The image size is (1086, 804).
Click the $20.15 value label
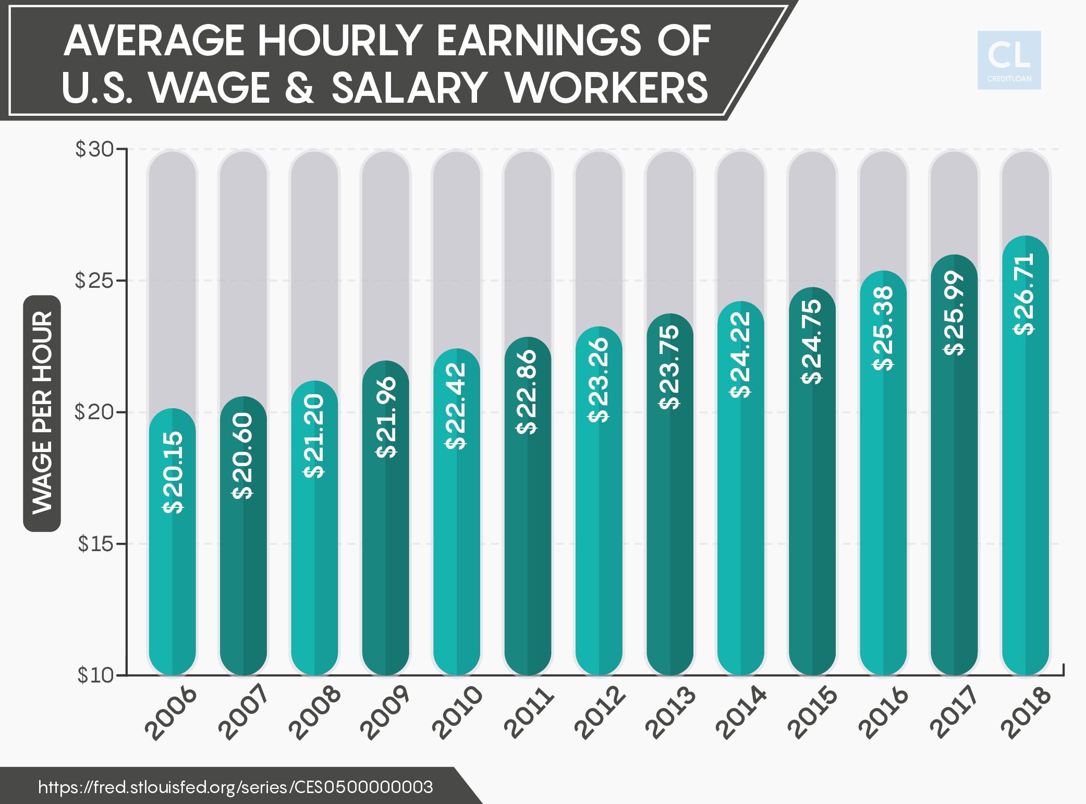pos(173,472)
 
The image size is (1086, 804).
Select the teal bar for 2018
pos(1025,495)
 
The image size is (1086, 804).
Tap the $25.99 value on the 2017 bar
pos(954,313)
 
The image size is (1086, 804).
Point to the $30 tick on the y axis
pos(95,150)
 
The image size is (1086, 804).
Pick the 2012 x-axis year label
pos(600,713)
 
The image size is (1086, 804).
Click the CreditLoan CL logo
pos(1009,60)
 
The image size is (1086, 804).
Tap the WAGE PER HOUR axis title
pos(42,413)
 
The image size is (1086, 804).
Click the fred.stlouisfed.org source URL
pos(236,787)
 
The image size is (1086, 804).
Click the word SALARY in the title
pos(409,88)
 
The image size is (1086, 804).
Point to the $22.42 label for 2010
pos(456,406)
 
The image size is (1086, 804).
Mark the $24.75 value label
pos(812,342)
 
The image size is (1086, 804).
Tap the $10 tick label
pos(95,675)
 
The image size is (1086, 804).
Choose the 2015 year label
pos(812,713)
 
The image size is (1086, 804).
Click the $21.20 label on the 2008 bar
pos(314,436)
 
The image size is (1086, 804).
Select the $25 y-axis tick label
pos(95,281)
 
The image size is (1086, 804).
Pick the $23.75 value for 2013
pos(670,367)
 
